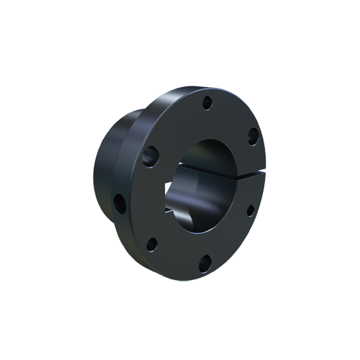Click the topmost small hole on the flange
[x=206, y=102]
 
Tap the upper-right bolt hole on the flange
[x=253, y=134]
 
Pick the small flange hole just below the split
[x=250, y=210]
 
